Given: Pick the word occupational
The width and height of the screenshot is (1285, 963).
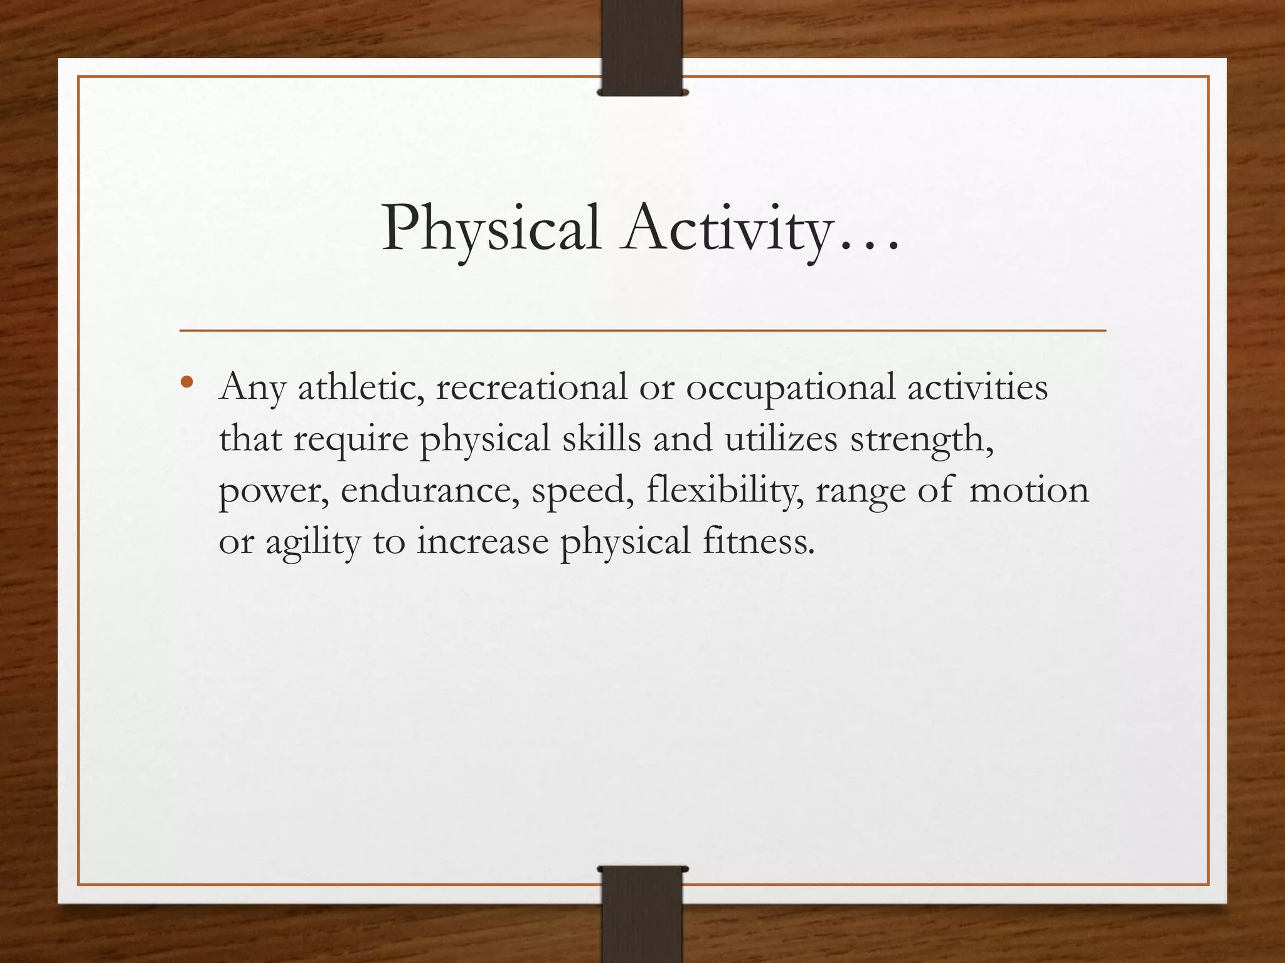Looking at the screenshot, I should point(790,387).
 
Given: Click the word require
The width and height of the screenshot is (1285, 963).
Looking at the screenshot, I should point(351,439).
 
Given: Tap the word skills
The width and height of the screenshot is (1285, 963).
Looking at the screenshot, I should point(601,439).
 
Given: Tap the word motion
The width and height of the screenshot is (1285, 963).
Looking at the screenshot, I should point(1029,490).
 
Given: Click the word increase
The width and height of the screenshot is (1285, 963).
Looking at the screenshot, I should point(483,542).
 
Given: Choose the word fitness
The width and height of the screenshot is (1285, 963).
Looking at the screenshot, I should point(758,542).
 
